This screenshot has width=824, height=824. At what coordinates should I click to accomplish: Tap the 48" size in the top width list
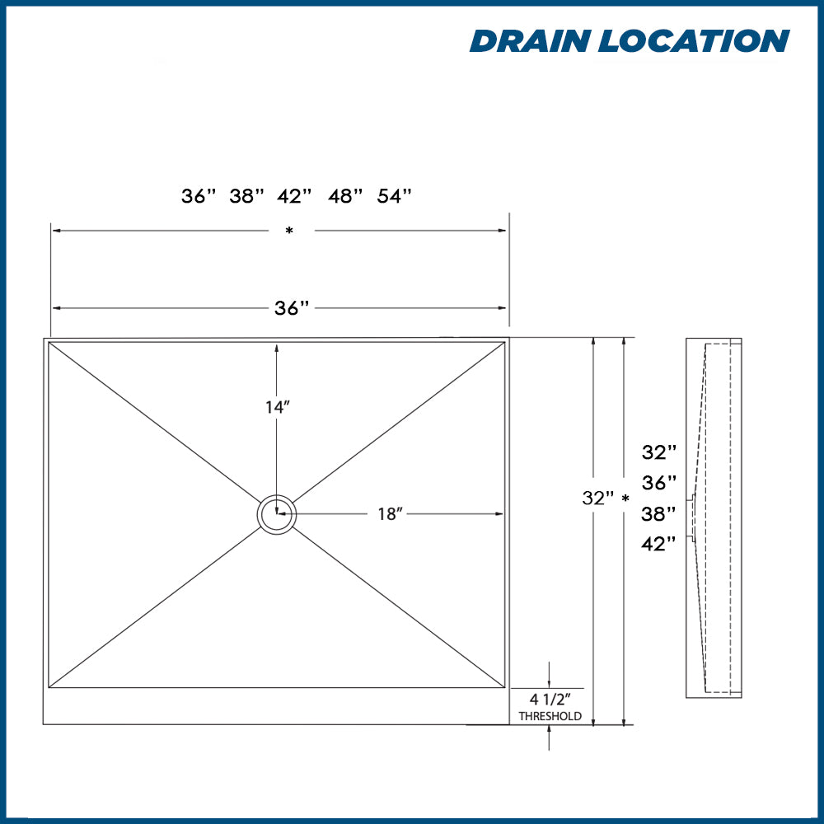(x=345, y=196)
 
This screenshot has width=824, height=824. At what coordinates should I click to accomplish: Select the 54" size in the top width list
(x=394, y=196)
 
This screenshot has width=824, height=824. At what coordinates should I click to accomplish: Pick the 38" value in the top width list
(x=247, y=196)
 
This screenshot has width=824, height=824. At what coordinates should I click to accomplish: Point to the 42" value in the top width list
(x=296, y=196)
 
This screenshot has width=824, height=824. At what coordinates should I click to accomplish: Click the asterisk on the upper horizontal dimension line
(x=289, y=232)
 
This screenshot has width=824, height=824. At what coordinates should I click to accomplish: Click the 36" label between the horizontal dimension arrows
(x=292, y=308)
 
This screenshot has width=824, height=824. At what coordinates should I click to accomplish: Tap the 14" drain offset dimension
(x=277, y=407)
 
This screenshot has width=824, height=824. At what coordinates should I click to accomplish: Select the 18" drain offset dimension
(x=389, y=514)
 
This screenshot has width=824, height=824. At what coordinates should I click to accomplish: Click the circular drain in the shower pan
(x=277, y=515)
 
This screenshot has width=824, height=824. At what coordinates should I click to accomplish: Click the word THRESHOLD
(x=550, y=717)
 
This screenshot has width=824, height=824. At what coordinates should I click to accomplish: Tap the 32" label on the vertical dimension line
(x=598, y=499)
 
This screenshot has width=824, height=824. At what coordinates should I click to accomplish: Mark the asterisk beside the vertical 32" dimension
(x=625, y=499)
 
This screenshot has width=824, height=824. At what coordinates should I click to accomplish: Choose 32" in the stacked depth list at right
(x=659, y=452)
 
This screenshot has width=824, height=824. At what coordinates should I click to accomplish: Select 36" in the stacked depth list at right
(x=659, y=482)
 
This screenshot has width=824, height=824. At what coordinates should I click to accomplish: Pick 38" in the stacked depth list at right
(x=659, y=513)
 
